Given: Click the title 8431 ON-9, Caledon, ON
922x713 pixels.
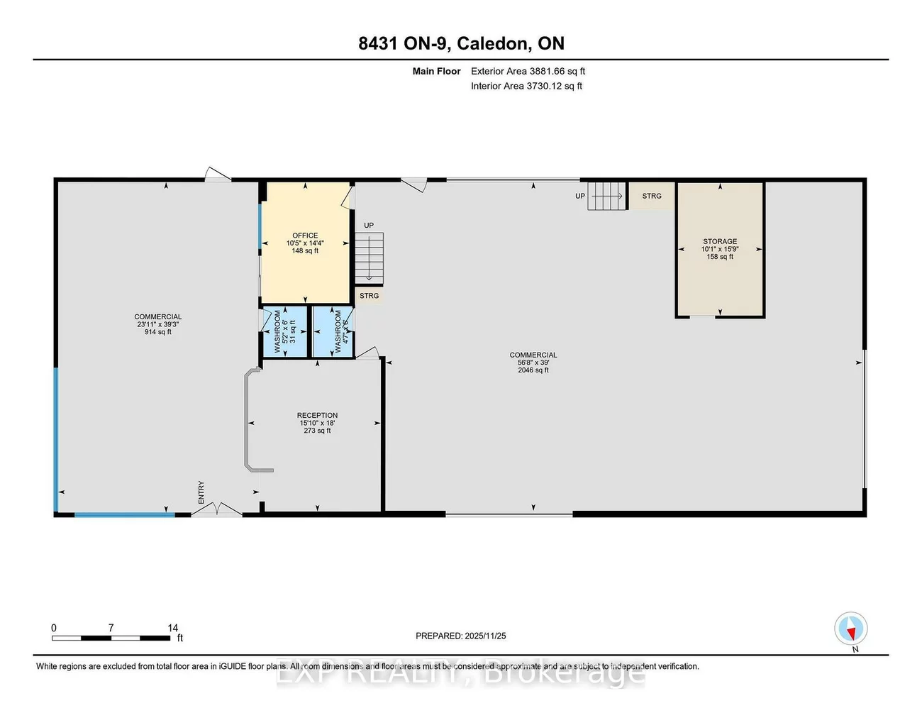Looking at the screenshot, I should point(461,43).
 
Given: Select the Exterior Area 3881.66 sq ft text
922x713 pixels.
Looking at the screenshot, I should point(528,71).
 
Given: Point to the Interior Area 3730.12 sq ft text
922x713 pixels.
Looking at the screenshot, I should point(526,86).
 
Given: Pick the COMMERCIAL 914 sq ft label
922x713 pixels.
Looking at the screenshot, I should point(158,324).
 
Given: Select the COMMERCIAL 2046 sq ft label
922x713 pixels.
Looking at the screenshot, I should point(533,363).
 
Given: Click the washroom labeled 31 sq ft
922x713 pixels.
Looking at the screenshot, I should point(284,331).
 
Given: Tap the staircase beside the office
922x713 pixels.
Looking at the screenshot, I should point(369,258).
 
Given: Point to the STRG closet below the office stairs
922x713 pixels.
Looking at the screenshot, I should point(369,296).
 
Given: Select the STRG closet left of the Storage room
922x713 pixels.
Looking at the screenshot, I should point(651,196).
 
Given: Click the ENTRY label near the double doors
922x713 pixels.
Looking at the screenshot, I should point(201,492).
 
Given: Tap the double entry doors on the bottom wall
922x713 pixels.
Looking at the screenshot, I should point(217,509).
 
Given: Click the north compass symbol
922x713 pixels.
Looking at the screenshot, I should point(850,629).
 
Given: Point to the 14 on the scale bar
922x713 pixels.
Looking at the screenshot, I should point(173,628).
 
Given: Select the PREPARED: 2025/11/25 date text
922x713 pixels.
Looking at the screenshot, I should point(461,636).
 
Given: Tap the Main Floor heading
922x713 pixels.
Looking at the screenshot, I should point(436,71).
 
